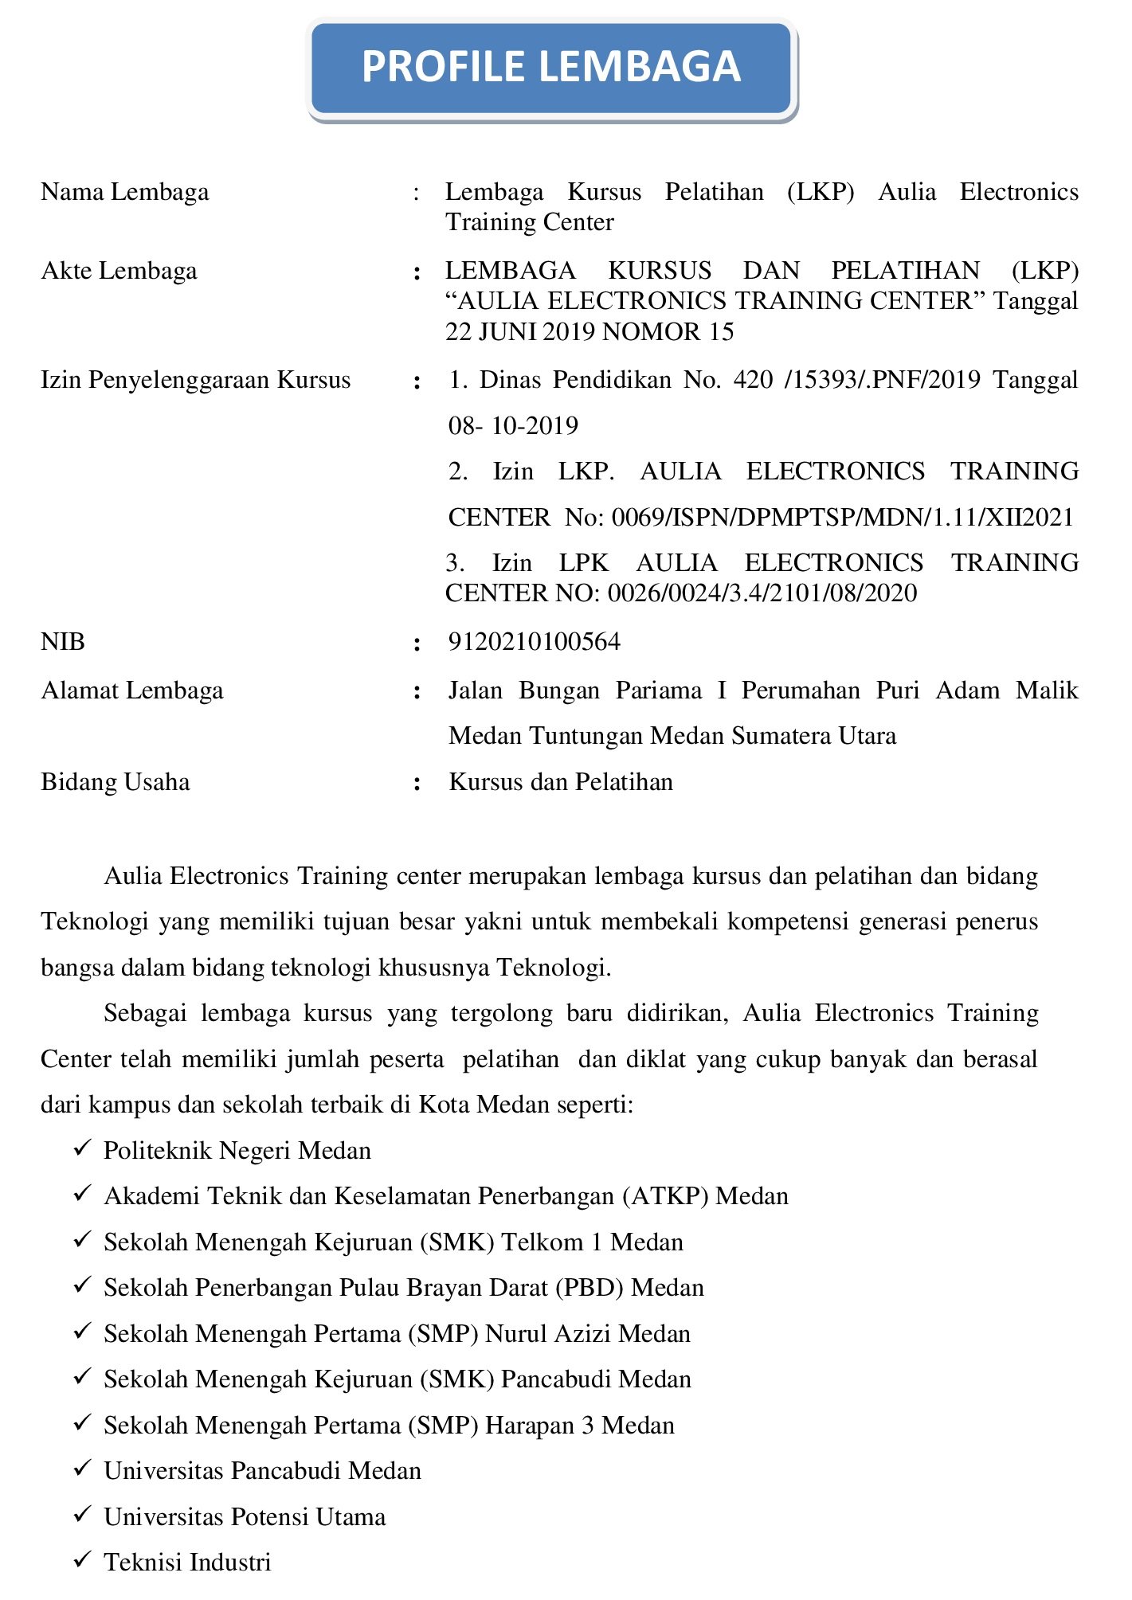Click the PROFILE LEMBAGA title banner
click(x=551, y=68)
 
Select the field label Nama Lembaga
click(x=125, y=193)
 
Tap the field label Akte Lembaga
click(x=119, y=272)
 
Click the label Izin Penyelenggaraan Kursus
click(x=196, y=381)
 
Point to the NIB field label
click(x=63, y=643)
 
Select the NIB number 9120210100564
click(x=534, y=643)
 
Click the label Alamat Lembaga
click(x=132, y=691)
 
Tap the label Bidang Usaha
click(x=116, y=783)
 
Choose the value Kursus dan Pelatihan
click(x=561, y=783)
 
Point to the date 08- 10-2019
click(x=513, y=427)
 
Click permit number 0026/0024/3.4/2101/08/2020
click(x=762, y=594)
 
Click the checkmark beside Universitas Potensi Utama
click(x=82, y=1516)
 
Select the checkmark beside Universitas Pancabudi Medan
click(x=82, y=1470)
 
